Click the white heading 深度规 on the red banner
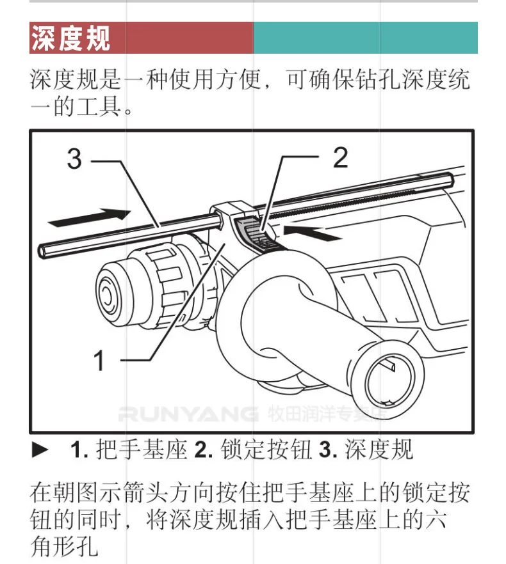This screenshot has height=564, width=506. coord(70,38)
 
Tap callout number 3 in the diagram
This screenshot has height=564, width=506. coord(74,159)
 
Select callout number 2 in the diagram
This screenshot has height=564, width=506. coord(341,157)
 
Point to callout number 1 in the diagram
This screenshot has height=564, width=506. coord(99,360)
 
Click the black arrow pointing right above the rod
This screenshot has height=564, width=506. coord(90,217)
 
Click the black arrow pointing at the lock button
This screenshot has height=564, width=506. coord(313,232)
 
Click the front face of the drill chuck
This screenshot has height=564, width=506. coord(107,295)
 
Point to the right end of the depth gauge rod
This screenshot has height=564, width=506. coord(450,179)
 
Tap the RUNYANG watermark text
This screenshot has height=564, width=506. coord(188,414)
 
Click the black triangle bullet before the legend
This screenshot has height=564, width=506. coord(40,450)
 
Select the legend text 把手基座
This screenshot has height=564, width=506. coord(142,450)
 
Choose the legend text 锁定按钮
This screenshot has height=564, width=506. coord(266,450)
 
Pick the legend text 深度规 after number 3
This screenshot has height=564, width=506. coord(379,450)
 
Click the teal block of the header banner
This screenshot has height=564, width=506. coord(366,38)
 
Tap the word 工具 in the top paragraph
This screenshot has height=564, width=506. coord(99,106)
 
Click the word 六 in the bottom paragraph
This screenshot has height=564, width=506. coord(436,520)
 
